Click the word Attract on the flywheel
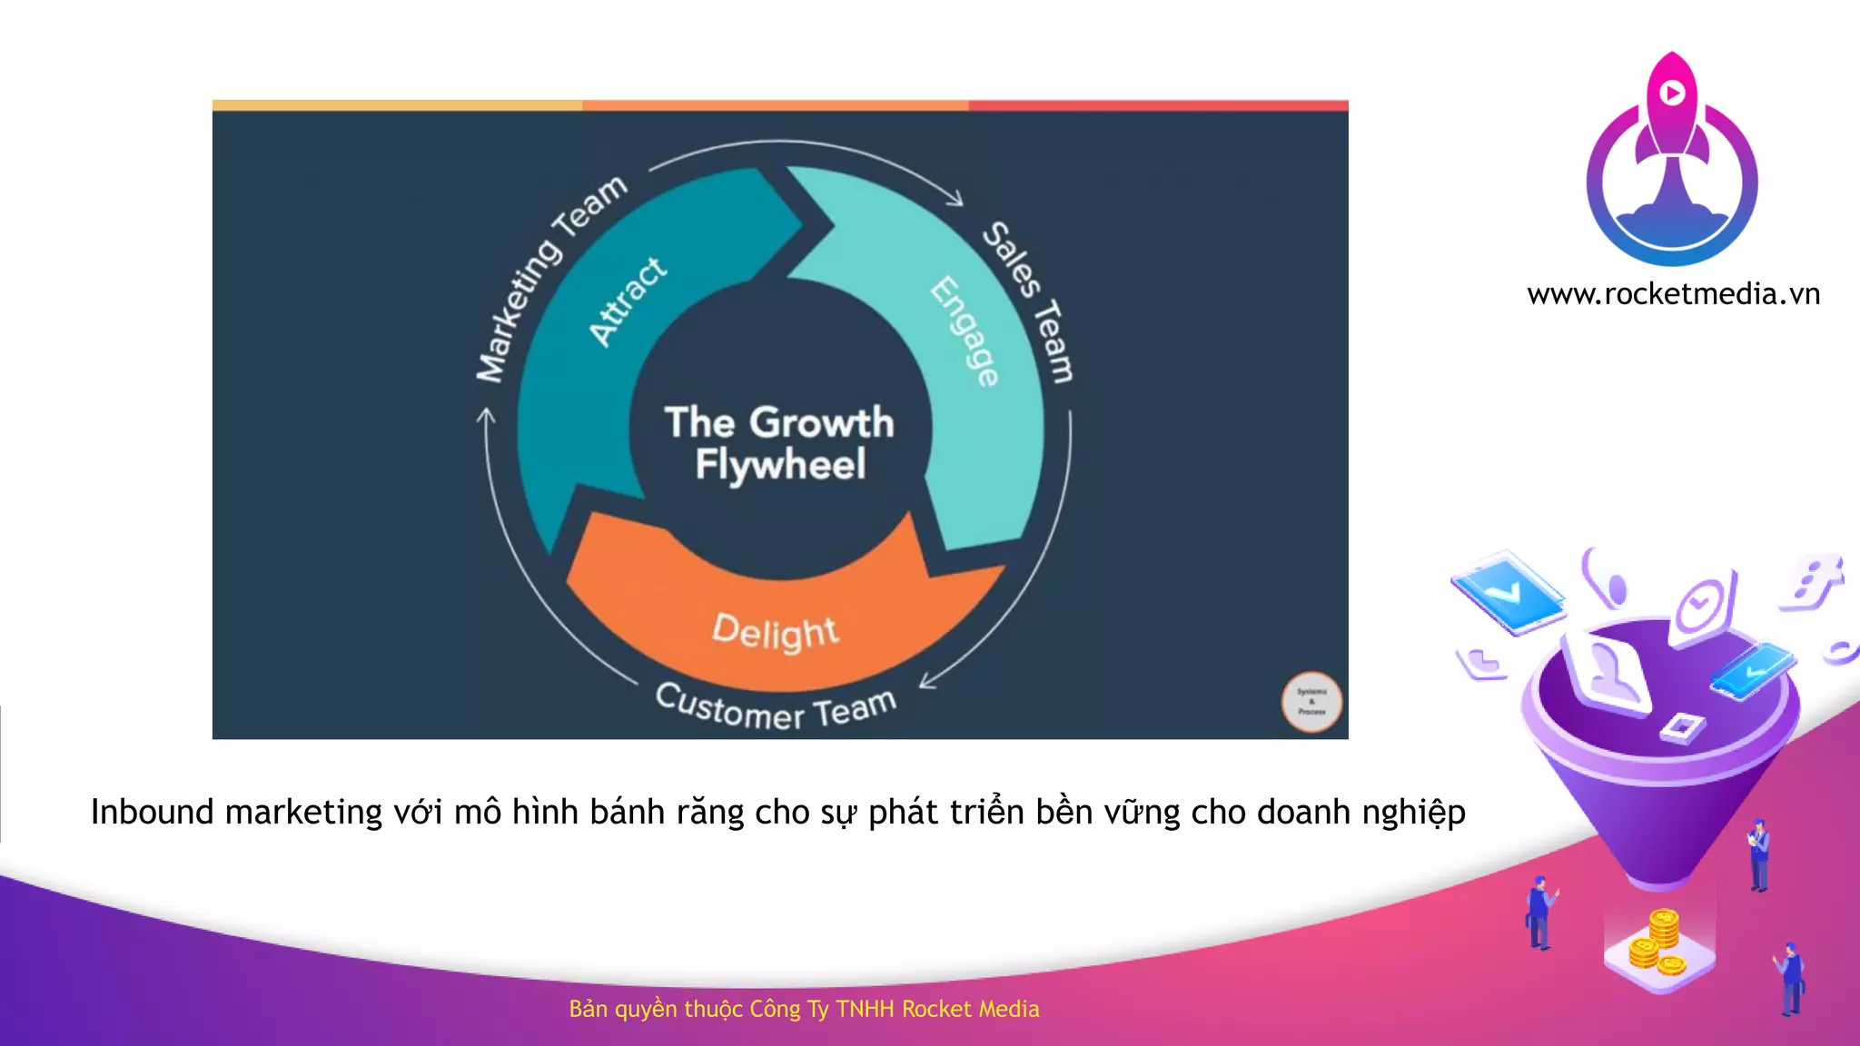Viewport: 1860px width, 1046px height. [627, 301]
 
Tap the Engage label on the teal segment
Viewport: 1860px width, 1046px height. [965, 331]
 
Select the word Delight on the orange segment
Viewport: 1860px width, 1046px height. [775, 631]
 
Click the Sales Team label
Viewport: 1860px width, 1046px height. [1029, 301]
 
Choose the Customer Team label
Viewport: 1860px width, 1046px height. [776, 707]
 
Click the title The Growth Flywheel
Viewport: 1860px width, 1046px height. [779, 443]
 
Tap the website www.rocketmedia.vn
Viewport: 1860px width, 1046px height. [1673, 294]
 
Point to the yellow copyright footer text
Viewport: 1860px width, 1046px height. [804, 1009]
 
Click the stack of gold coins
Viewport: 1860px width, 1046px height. [1658, 944]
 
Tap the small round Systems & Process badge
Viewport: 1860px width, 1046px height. [1311, 701]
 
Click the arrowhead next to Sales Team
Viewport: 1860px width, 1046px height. [955, 198]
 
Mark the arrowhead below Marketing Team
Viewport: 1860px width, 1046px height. [487, 416]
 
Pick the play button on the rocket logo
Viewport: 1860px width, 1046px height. [1672, 92]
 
